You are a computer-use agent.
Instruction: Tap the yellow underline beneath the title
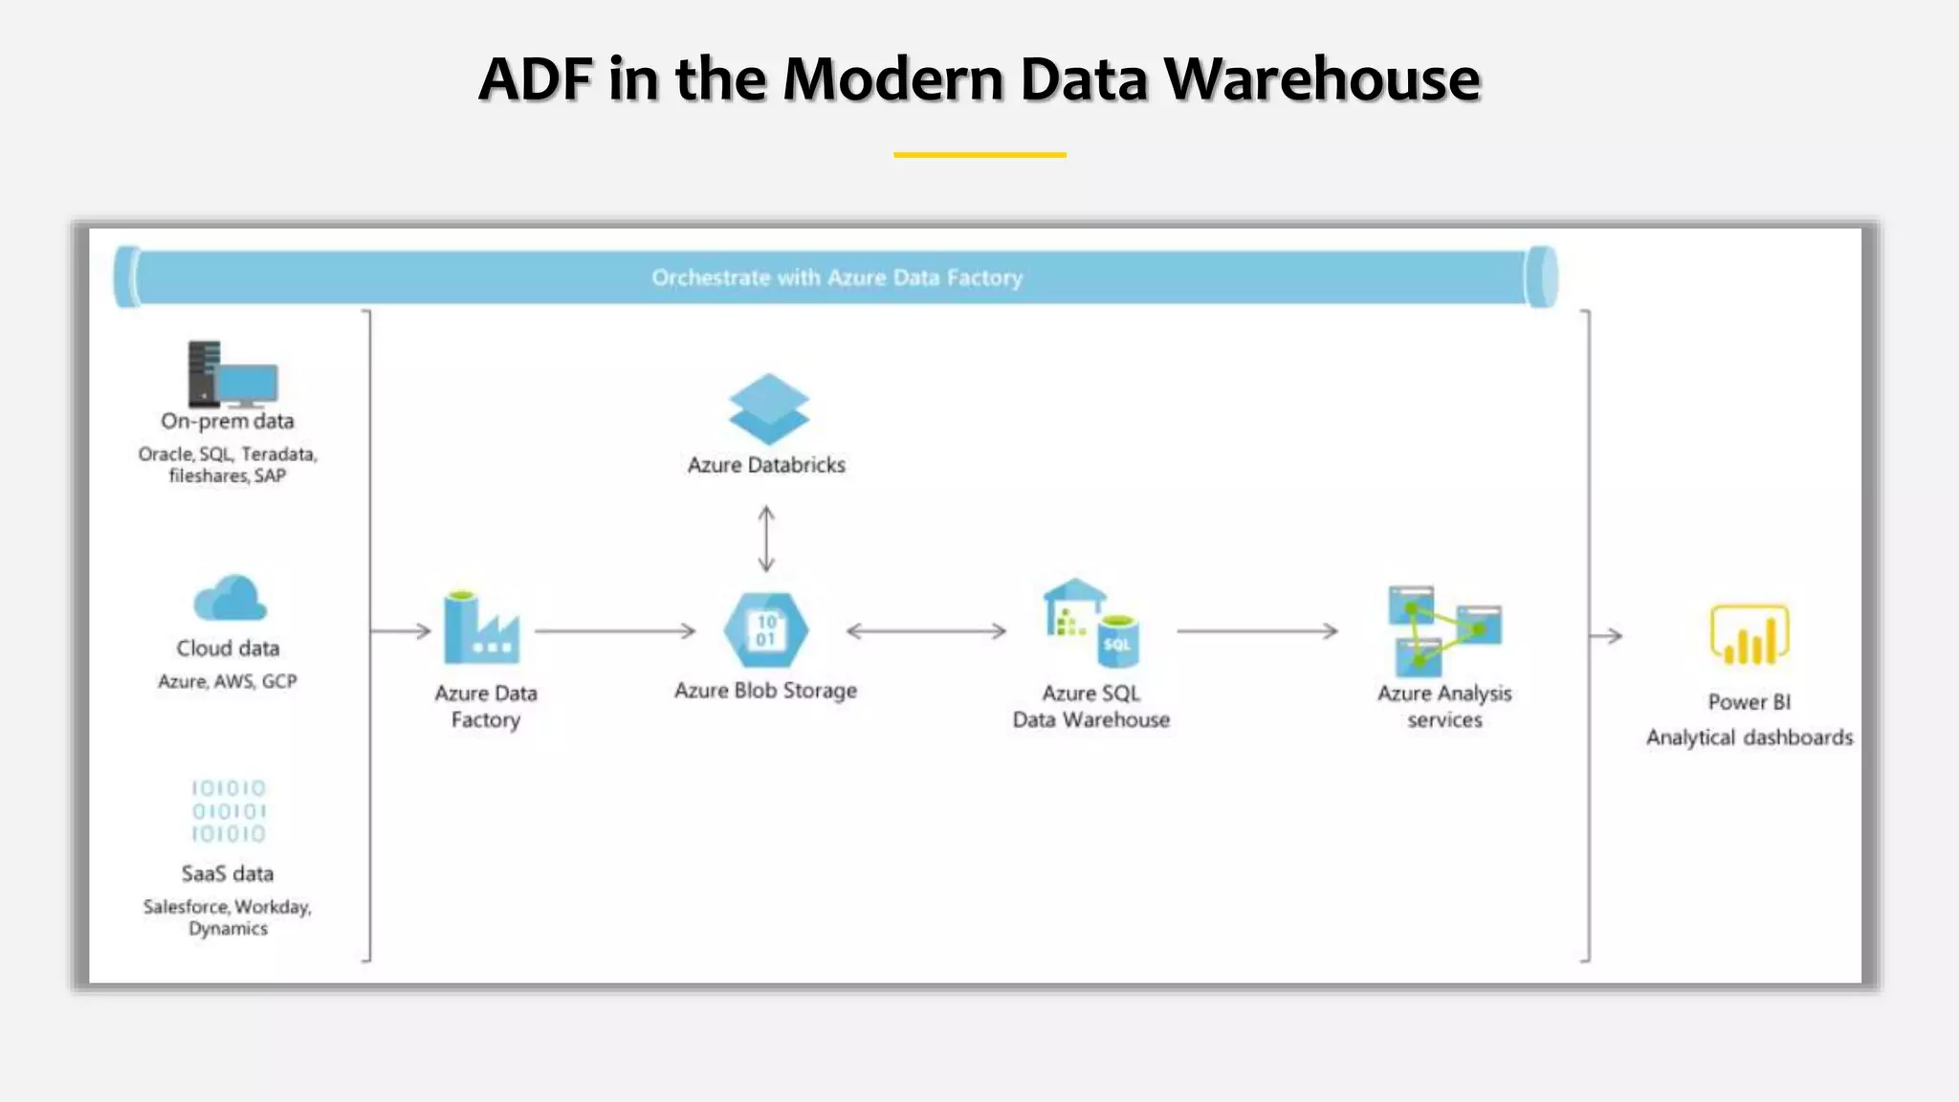coord(979,154)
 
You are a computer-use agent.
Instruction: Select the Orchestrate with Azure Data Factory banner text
coord(837,277)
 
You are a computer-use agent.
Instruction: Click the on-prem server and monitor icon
coord(232,374)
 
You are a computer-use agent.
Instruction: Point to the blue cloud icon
coord(230,599)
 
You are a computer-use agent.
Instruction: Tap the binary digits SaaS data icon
coord(229,811)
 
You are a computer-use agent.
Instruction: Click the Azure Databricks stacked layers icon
coord(768,409)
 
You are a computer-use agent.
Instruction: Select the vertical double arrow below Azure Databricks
coord(766,540)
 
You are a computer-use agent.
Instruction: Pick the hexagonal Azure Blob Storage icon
coord(766,630)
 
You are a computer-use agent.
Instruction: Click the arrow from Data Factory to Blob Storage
coord(615,631)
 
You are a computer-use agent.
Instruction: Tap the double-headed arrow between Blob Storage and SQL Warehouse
coord(926,631)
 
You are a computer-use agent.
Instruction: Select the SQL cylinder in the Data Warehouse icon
coord(1117,642)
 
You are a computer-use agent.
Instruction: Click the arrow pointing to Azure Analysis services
coord(1257,631)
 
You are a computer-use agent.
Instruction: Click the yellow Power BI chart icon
coord(1749,635)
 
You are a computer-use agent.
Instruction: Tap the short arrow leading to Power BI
coord(1607,635)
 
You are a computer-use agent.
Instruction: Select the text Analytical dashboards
coord(1749,738)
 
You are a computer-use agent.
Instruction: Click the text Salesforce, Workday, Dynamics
coord(228,917)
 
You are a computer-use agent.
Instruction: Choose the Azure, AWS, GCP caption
coord(228,681)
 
